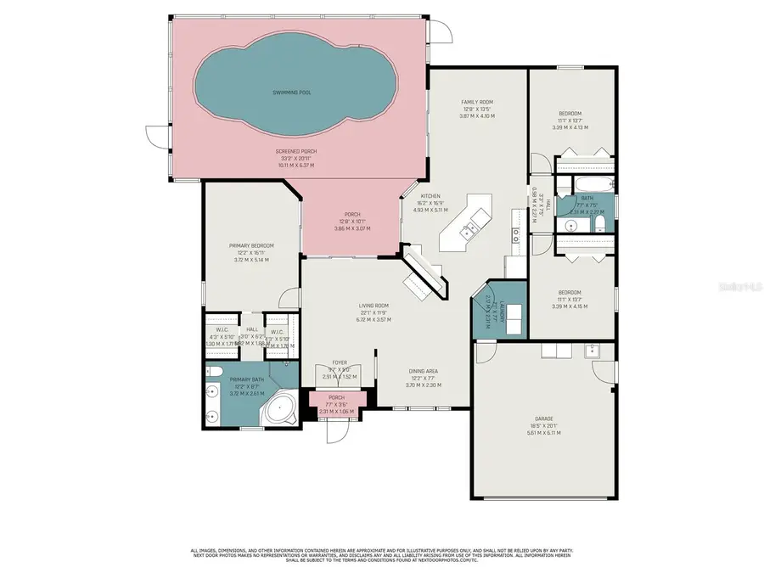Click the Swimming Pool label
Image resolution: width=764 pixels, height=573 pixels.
[290, 91]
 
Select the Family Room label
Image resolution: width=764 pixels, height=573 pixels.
[476, 102]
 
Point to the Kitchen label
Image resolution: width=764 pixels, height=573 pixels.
[430, 197]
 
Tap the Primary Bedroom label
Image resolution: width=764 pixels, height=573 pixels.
[251, 246]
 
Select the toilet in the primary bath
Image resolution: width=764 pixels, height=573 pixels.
[216, 372]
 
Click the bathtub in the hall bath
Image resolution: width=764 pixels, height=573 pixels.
[586, 184]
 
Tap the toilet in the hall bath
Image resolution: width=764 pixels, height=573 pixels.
[599, 224]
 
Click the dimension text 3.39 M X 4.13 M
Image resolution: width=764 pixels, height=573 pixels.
[570, 127]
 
